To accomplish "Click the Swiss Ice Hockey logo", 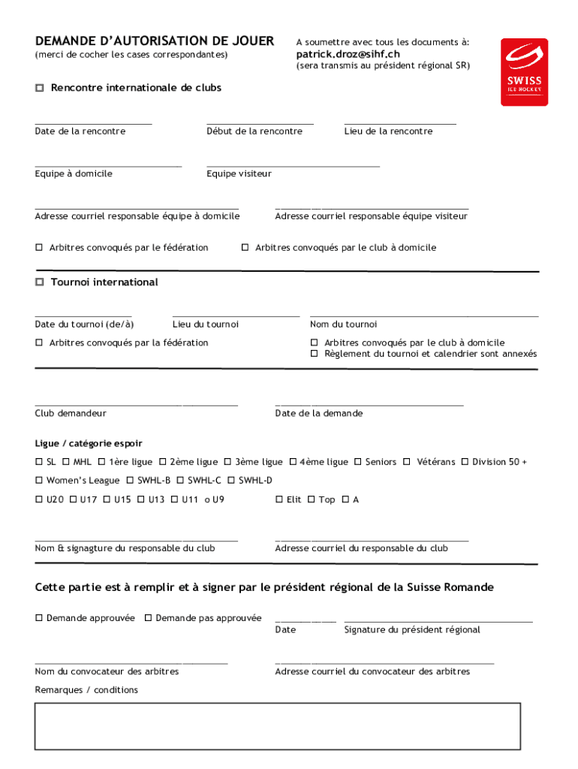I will pos(524,72).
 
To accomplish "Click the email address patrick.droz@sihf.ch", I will pos(348,54).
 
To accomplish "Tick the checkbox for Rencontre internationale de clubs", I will pos(40,89).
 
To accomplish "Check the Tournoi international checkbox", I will pos(40,282).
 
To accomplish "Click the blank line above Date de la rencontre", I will pos(93,122).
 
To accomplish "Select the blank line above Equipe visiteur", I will pos(293,164).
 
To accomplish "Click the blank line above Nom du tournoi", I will pos(424,315).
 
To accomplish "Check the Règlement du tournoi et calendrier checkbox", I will pos(315,354).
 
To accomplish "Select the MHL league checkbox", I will pos(66,462).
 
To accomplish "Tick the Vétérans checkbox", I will pos(406,462).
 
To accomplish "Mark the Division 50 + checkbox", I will pos(465,462).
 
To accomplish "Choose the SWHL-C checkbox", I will pos(180,481).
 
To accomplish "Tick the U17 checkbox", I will pos(73,499).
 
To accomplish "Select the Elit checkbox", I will pos(279,499).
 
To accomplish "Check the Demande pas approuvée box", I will pos(148,618).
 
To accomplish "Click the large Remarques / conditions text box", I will pos(277,725).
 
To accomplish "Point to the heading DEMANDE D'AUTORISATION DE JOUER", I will pos(155,41).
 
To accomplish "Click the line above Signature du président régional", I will pos(438,621).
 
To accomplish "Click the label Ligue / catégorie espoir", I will pos(89,444).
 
